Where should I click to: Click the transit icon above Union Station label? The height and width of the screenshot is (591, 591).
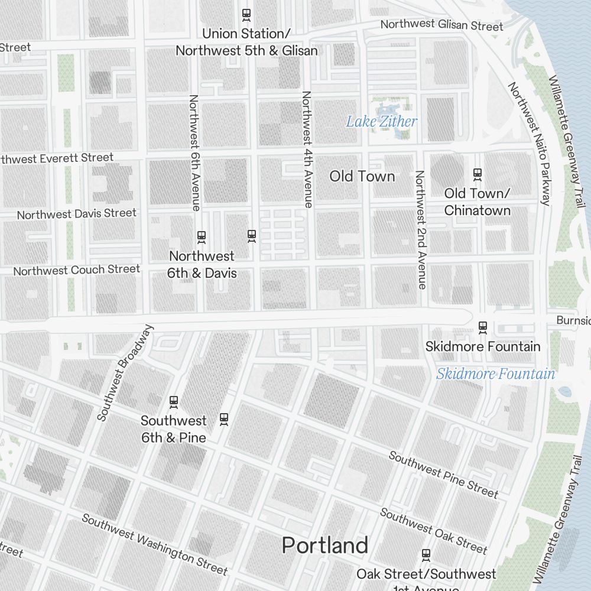coord(246,14)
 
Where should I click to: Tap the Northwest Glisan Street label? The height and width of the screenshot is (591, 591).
coord(441,25)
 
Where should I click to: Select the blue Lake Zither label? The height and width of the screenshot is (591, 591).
coord(381,122)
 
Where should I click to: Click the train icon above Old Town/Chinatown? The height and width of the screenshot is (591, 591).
coord(478,174)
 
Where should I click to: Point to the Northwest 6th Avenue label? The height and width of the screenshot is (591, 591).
coord(194,152)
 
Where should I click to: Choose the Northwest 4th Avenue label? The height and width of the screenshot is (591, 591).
coord(307,149)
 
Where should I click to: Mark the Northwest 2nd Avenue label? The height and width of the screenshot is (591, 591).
coord(420,230)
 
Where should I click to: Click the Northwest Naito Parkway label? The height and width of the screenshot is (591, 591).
coord(529,144)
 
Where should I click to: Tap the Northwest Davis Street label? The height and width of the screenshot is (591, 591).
coord(77,213)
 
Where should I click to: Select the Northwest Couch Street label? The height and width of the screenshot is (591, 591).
coord(77,270)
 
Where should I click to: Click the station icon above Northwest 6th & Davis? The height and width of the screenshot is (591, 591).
coord(202,237)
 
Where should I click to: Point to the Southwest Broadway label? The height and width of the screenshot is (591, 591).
coord(125,373)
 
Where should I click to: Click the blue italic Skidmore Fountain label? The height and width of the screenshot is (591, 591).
coord(495,374)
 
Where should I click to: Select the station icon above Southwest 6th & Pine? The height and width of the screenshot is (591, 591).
coord(174,402)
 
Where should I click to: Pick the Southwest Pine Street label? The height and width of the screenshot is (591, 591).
coord(443,475)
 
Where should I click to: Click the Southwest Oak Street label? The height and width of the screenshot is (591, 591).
coord(433,531)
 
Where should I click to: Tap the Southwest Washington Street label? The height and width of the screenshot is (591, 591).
coord(154,544)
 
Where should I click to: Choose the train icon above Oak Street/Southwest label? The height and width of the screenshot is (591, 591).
coord(426,555)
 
